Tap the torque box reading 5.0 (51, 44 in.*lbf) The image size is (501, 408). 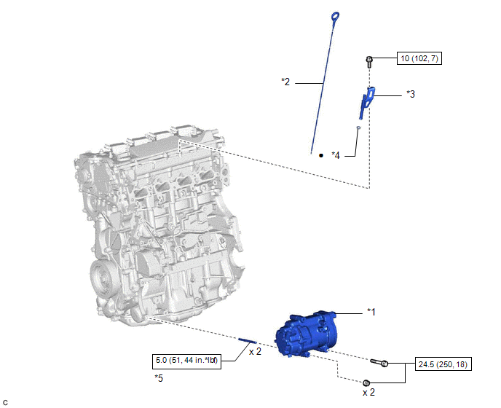coord(187,361)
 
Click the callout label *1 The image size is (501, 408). coord(371,312)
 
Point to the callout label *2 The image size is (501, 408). coord(285,82)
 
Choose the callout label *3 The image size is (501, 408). coord(411,94)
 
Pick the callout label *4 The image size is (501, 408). coord(336,155)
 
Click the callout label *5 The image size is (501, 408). coord(159,378)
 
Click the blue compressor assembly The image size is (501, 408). coord(306,334)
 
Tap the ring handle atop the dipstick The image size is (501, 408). coord(335,15)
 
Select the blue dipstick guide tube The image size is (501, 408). coord(366,102)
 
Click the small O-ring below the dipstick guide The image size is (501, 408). coord(358,128)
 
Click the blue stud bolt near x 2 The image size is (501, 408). coord(248,341)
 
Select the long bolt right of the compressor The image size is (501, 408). coord(379,363)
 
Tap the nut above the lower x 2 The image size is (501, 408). coord(366,382)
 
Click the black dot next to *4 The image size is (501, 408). coord(321,156)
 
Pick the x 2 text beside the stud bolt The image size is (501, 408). coord(255,352)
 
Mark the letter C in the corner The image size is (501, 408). coord(5,403)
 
